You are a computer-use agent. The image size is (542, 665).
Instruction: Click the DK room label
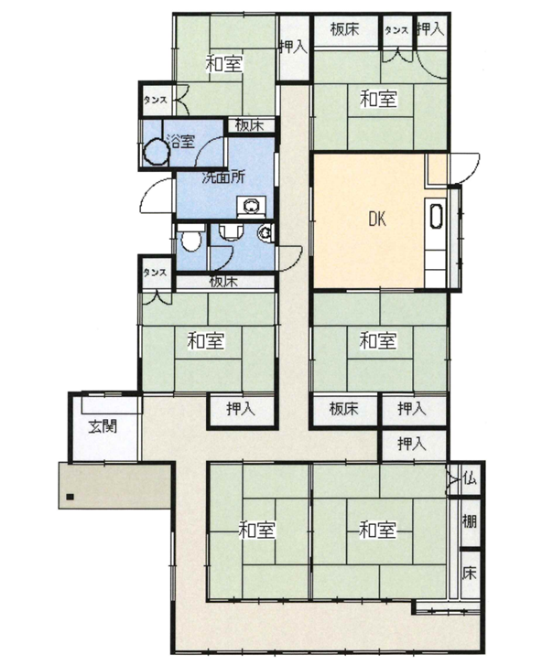point(377,220)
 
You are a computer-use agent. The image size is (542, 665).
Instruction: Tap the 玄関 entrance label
point(103,426)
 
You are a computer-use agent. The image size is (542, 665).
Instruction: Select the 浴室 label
point(180,141)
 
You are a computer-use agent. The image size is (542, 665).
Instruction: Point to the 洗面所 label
point(223,177)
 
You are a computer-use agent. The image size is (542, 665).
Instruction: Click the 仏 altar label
point(471,478)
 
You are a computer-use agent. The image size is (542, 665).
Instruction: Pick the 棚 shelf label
point(470,521)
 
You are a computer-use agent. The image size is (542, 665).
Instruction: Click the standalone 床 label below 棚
point(470,573)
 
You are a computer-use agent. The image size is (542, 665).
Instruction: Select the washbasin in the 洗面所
point(252,206)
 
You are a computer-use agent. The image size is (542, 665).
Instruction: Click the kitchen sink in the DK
point(436,216)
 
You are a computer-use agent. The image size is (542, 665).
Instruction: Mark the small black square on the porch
point(70,496)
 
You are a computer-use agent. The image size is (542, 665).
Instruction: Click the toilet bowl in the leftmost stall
point(190,241)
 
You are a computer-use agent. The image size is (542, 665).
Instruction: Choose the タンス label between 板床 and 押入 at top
point(396,29)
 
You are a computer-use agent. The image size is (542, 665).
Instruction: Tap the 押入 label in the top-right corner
point(430,29)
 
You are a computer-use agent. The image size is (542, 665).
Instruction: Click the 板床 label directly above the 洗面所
point(250,125)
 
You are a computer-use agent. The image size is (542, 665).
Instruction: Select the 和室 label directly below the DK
point(378,340)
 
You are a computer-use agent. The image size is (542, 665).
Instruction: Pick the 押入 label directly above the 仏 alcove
point(411,444)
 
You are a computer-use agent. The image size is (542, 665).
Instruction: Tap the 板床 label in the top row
point(344,29)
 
